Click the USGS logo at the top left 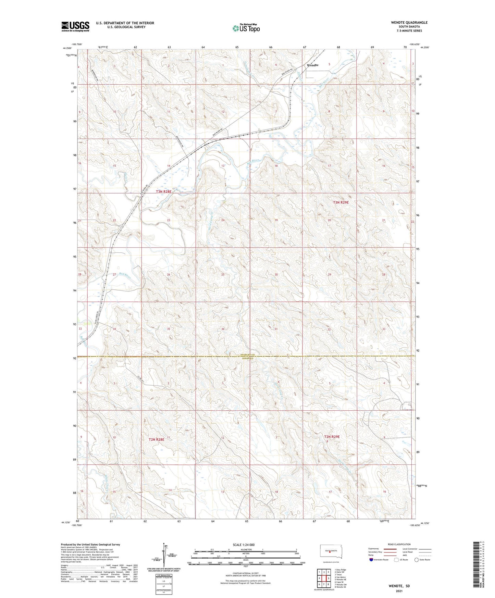[75, 26]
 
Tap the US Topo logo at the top [246, 28]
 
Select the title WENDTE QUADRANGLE [409, 23]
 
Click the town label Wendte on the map [312, 65]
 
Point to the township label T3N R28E [163, 192]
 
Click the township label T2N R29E [332, 437]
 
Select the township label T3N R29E [341, 202]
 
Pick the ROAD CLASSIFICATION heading [399, 544]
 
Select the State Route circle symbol [417, 560]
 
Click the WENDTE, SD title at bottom [399, 586]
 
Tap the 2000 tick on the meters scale [296, 553]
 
